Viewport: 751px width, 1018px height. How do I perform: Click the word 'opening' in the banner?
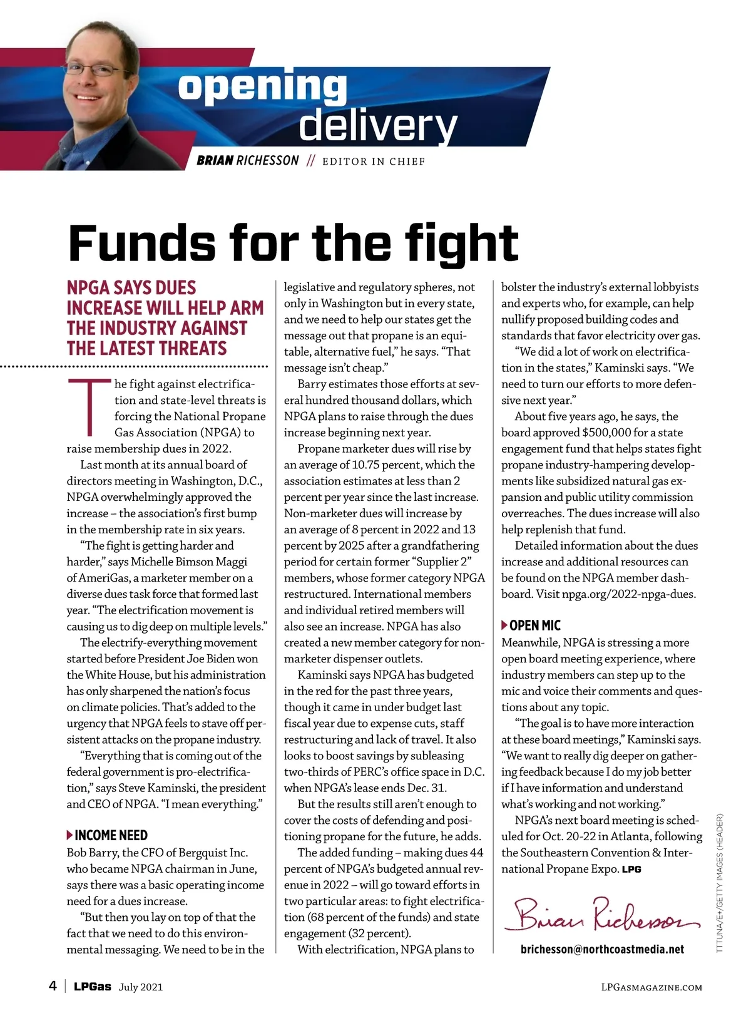tap(262, 88)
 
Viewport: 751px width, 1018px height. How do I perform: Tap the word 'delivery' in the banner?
tap(378, 126)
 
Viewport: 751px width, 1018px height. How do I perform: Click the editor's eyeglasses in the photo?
tap(95, 69)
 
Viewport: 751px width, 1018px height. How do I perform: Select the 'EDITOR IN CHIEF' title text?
tap(374, 162)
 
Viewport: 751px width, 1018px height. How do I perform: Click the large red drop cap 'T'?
tap(89, 406)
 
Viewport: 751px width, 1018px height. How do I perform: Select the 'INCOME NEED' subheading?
tap(111, 835)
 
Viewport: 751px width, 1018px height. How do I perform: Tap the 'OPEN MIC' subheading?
tap(535, 625)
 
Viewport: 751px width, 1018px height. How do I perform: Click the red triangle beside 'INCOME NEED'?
tap(69, 835)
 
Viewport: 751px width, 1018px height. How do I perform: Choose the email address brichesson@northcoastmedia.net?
tap(602, 949)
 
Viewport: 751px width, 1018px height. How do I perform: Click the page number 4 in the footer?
tap(53, 986)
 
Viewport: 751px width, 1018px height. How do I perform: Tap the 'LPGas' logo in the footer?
tap(93, 987)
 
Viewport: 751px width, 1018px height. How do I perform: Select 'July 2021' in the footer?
tap(141, 987)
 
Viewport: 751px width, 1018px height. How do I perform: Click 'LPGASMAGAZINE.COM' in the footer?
tap(651, 987)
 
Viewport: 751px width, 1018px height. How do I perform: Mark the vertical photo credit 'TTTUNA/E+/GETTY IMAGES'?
tap(720, 883)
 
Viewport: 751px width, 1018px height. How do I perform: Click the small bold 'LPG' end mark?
tap(631, 870)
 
